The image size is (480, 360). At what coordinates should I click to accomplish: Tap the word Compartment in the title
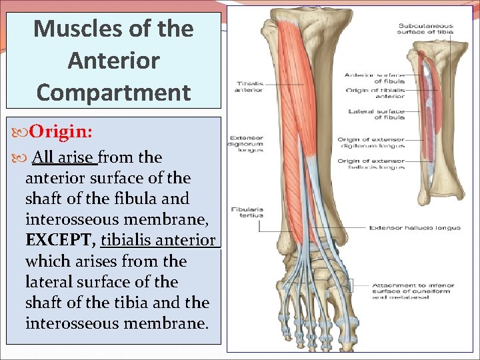[x=113, y=92]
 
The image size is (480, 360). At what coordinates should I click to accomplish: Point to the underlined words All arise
[x=63, y=157]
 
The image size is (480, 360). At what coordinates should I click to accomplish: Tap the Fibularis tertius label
[x=247, y=212]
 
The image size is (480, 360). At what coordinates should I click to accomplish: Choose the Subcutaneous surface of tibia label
[x=427, y=29]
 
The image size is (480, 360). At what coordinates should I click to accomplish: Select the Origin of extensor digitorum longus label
[x=371, y=143]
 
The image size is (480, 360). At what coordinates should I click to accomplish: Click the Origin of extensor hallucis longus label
[x=371, y=163]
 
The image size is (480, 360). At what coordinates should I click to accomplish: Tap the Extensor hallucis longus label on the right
[x=415, y=228]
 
